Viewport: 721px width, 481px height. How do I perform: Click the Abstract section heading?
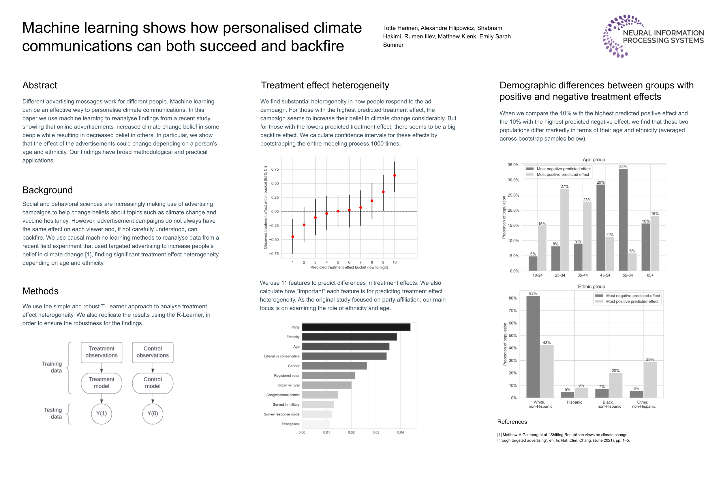[40, 85]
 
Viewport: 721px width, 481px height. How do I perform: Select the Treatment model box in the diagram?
[102, 383]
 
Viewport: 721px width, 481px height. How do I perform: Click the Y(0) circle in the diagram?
[152, 413]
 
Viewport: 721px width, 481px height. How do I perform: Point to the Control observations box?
[152, 352]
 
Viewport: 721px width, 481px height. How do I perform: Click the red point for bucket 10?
[394, 176]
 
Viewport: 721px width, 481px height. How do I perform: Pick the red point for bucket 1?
[293, 236]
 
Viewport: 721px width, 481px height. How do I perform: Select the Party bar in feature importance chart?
[356, 327]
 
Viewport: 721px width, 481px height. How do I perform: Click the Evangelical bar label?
[290, 424]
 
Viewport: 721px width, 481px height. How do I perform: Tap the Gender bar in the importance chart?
[334, 366]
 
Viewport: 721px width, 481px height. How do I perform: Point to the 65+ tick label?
[650, 275]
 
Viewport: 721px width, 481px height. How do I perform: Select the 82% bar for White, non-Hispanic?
[533, 347]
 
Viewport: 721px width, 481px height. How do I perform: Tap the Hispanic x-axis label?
[574, 402]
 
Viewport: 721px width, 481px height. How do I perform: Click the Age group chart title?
[594, 159]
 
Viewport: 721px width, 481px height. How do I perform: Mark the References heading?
[512, 422]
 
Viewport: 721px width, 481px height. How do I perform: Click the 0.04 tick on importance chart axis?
[400, 432]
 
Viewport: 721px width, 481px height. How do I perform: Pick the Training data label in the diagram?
[52, 367]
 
